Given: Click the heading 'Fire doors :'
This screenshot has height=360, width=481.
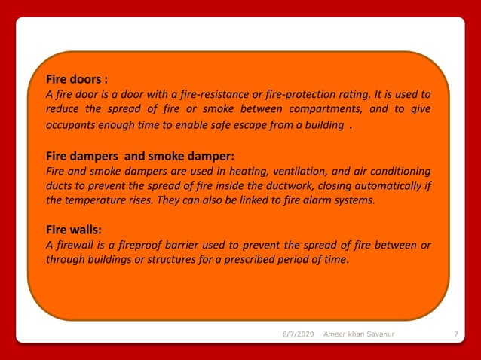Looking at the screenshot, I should pyautogui.click(x=77, y=79).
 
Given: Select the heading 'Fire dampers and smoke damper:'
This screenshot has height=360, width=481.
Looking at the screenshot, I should pyautogui.click(x=140, y=157).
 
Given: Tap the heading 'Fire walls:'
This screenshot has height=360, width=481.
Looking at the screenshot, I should pyautogui.click(x=74, y=229).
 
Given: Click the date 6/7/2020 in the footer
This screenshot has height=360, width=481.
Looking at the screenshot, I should pyautogui.click(x=293, y=333).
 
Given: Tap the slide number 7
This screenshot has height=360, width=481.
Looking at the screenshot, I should pyautogui.click(x=457, y=333).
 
